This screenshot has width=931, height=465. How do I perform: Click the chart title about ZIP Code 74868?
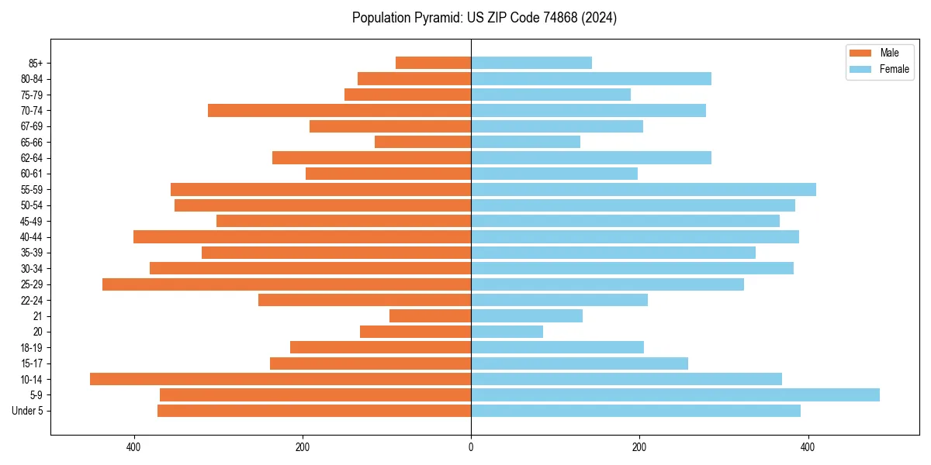[484, 18]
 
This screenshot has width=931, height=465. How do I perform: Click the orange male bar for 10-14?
[280, 379]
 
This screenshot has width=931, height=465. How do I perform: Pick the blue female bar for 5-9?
[675, 394]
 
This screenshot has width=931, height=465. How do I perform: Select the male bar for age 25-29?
[286, 284]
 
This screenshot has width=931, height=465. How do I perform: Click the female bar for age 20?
[507, 332]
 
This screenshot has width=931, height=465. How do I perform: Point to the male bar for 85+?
[433, 63]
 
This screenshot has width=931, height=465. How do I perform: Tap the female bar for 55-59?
[643, 189]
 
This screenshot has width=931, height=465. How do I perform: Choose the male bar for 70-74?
[339, 110]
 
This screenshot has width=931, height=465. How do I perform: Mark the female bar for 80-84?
[590, 78]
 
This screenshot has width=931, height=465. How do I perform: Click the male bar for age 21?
[430, 316]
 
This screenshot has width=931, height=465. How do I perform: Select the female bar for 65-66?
[525, 142]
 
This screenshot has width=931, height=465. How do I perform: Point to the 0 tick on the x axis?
[471, 447]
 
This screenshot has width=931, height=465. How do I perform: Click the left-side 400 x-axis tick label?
[133, 447]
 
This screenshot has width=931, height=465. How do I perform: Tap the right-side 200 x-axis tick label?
[639, 447]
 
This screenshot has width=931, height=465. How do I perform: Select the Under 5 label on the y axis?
[27, 411]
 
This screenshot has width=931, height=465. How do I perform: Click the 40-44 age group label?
[32, 237]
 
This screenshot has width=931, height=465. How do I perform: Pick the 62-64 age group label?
[32, 158]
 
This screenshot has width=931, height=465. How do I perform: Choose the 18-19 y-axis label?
[32, 348]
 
